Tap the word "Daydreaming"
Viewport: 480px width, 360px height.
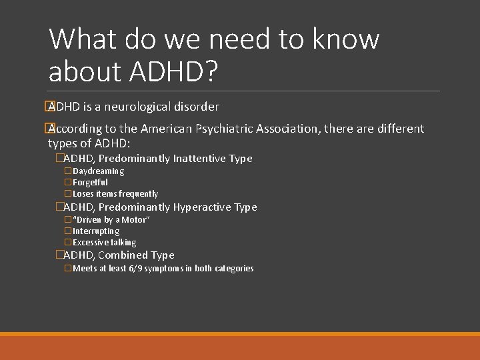click(98, 171)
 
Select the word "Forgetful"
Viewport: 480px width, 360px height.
click(90, 183)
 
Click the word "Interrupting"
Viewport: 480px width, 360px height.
click(96, 231)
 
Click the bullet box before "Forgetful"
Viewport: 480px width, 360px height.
click(68, 183)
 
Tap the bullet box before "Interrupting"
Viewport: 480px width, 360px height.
click(68, 231)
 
